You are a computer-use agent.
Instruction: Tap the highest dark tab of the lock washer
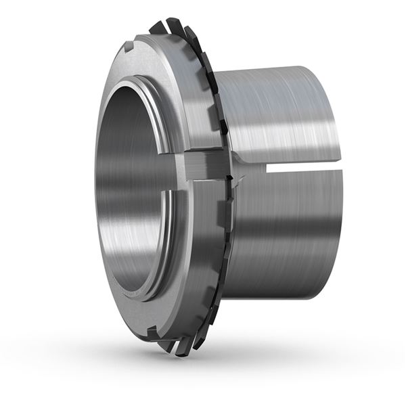(x=156, y=26)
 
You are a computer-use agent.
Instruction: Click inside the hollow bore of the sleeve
(x=129, y=183)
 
